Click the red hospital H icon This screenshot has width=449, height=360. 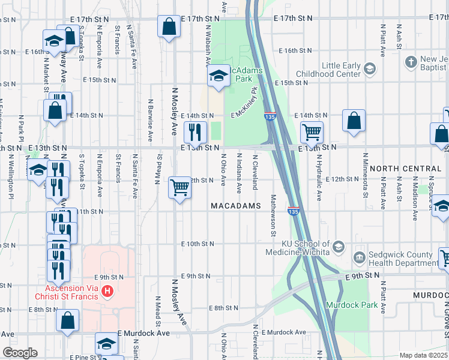tap(107, 292)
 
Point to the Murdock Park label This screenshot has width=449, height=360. tap(352, 305)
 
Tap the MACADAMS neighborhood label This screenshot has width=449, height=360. tap(236, 206)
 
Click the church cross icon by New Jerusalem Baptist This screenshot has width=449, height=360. tap(411, 61)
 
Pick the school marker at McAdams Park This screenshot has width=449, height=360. tap(218, 76)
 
